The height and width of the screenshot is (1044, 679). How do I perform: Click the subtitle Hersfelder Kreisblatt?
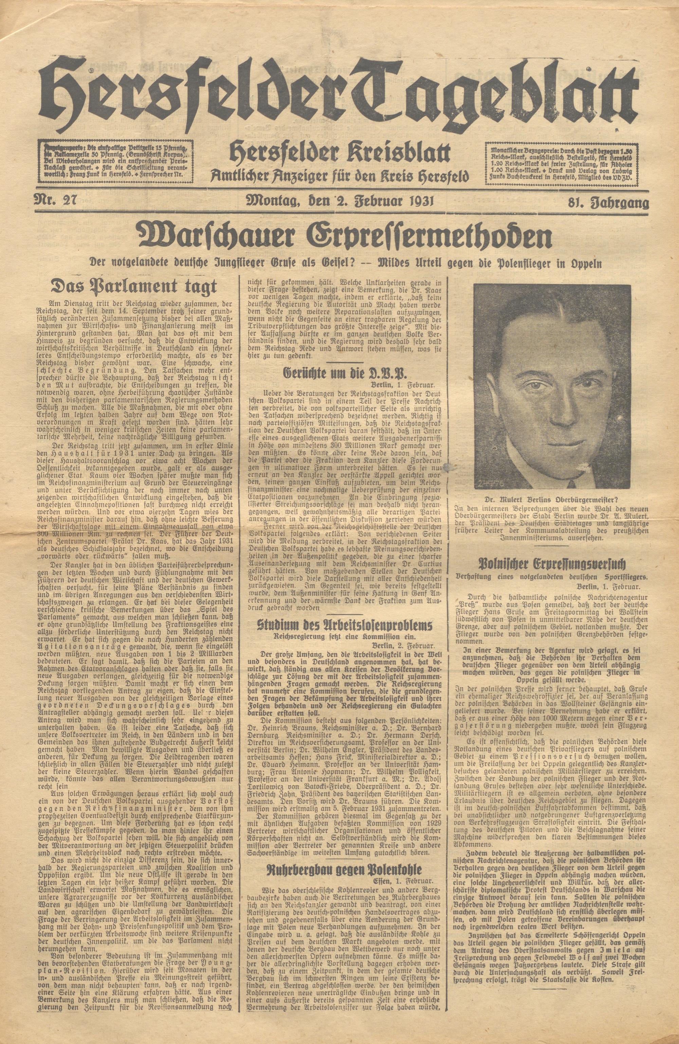[x=340, y=154]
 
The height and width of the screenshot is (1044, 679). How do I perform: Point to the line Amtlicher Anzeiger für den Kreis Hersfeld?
[x=340, y=177]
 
